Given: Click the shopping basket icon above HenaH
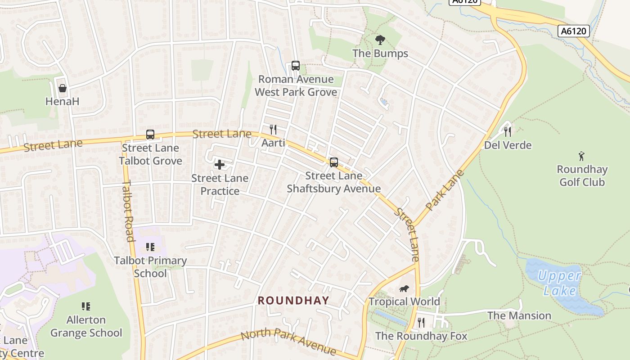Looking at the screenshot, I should (x=62, y=88).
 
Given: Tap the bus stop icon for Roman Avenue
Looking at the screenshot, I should (x=295, y=66).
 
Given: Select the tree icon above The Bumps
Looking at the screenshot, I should (x=380, y=40).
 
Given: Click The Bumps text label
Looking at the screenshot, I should (x=380, y=54).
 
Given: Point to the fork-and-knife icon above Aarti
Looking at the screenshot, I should (x=273, y=130).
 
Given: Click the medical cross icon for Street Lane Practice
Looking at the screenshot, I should (x=220, y=165).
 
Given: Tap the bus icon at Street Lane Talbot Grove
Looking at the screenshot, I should (x=150, y=135).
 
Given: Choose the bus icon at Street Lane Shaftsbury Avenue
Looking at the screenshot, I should (x=334, y=162).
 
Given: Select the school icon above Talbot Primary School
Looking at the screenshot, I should (x=150, y=247).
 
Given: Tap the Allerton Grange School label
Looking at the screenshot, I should (x=86, y=326).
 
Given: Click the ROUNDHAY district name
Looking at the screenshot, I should (x=293, y=300).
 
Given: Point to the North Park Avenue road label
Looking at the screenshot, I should (x=288, y=342).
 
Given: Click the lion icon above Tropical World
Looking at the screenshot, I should (x=404, y=288).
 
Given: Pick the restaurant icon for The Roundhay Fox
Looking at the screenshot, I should (x=421, y=322).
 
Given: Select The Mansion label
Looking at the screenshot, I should (x=519, y=316).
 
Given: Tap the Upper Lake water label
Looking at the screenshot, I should (x=559, y=283).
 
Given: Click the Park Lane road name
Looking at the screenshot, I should (x=444, y=190).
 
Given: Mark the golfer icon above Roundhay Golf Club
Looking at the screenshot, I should (x=582, y=157).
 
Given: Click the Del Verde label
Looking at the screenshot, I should (x=508, y=145).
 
